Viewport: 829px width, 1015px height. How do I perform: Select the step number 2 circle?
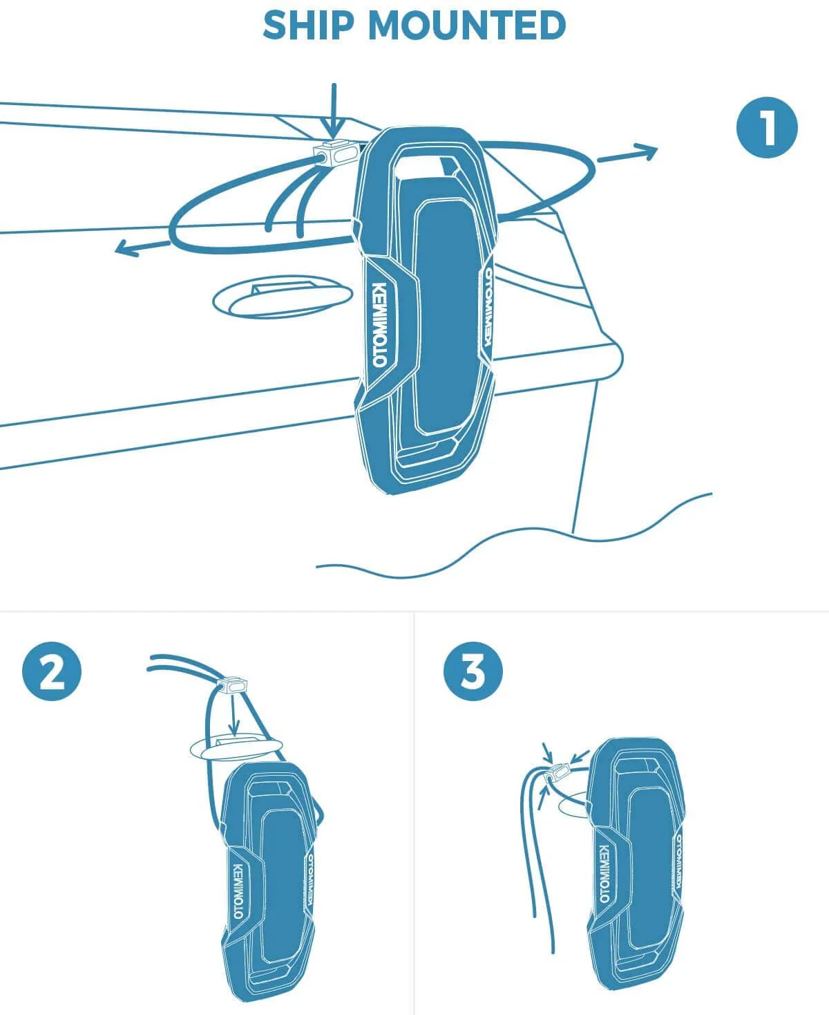pos(52,671)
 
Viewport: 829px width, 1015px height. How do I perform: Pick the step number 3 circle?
pos(473,671)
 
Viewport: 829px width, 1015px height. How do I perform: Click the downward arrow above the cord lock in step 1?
pos(334,111)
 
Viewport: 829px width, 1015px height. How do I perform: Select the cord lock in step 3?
pos(557,773)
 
